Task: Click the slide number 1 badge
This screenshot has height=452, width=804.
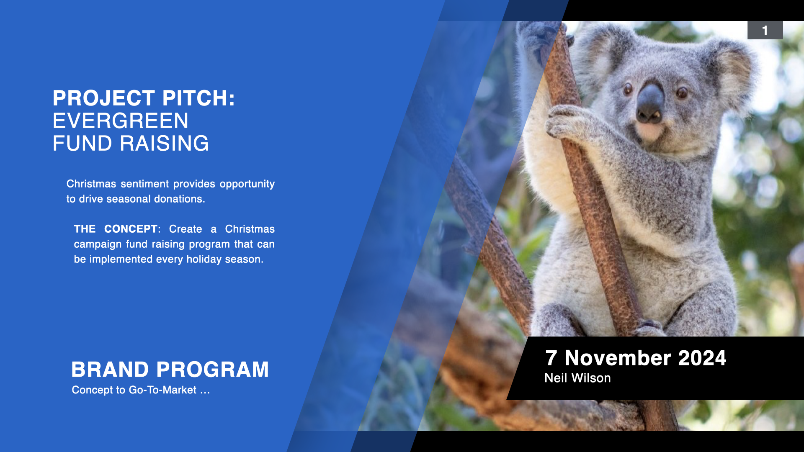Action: (765, 30)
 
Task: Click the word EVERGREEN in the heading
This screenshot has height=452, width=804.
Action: (121, 121)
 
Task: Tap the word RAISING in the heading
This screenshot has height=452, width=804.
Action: (164, 144)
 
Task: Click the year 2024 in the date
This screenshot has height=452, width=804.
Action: (702, 358)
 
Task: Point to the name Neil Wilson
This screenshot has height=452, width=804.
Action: (577, 378)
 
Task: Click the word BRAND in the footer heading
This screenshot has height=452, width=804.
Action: (110, 370)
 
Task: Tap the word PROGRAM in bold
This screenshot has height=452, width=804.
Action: (213, 370)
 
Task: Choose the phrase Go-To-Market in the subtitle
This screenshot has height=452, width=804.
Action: (162, 390)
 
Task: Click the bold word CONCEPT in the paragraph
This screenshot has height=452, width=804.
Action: (131, 229)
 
